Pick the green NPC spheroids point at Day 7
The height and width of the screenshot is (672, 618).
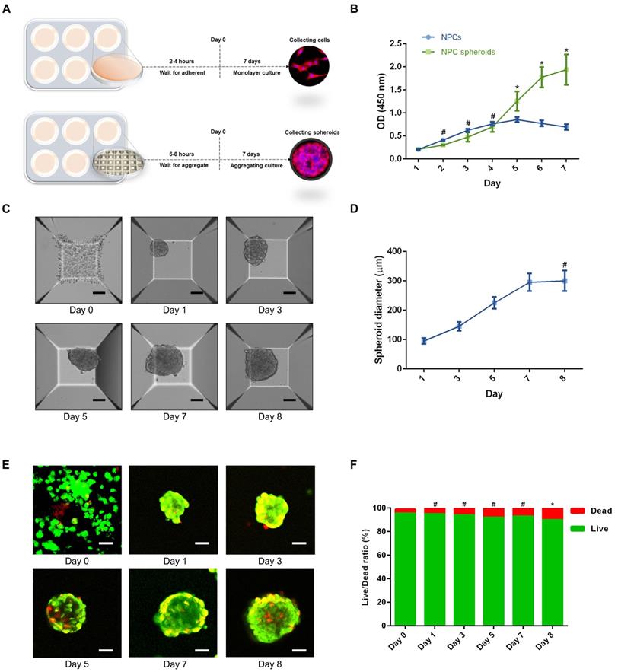coord(565,70)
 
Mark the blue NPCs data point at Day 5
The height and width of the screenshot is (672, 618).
coord(516,119)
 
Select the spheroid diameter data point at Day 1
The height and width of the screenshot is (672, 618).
coord(423,341)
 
